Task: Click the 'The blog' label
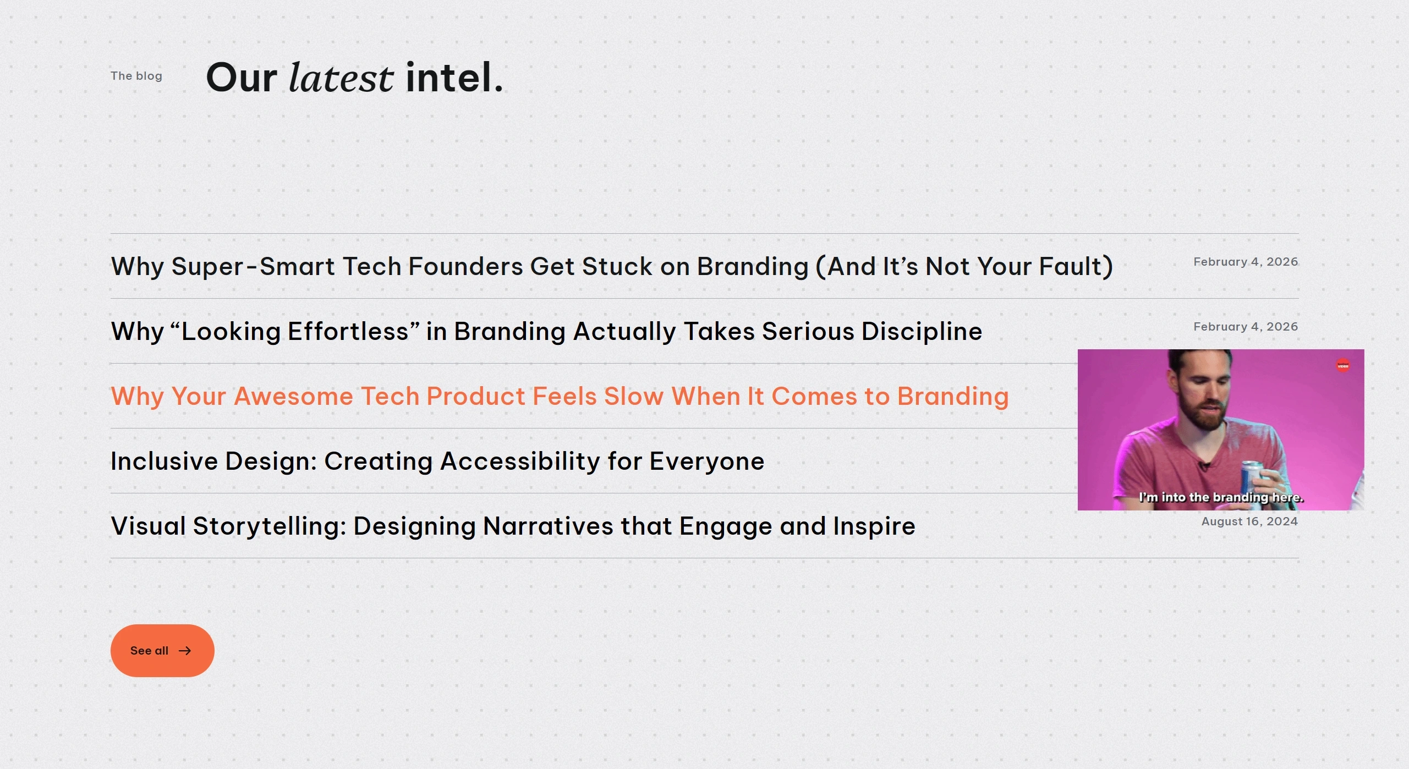pos(136,76)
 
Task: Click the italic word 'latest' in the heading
pos(341,78)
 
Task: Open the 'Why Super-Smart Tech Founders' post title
pos(612,266)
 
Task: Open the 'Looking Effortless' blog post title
pos(546,331)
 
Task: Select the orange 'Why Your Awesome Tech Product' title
pos(560,396)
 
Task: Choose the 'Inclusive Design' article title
pos(437,461)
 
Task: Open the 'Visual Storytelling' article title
pos(513,526)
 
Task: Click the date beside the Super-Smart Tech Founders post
pos(1246,262)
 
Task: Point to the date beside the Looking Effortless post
pos(1246,327)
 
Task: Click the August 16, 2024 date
pos(1249,521)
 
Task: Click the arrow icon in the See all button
pos(185,651)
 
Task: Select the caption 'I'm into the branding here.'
pos(1221,497)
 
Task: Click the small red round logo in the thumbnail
pos(1343,365)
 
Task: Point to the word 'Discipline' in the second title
pos(922,331)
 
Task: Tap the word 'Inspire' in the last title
pos(874,526)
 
